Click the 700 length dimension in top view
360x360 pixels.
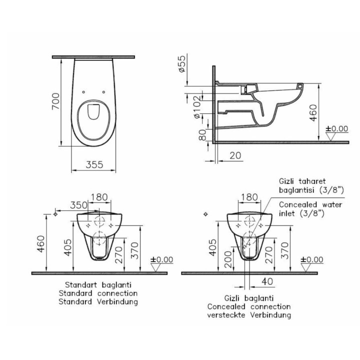(56, 101)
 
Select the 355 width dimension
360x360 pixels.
(94, 164)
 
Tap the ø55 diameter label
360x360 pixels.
(182, 64)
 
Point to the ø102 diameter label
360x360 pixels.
(197, 107)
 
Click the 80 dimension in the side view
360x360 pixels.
(202, 135)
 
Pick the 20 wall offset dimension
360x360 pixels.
(235, 155)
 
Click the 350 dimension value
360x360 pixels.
(79, 205)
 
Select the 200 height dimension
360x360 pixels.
(228, 259)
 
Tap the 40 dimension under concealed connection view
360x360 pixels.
(267, 281)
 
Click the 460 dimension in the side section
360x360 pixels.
(313, 112)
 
